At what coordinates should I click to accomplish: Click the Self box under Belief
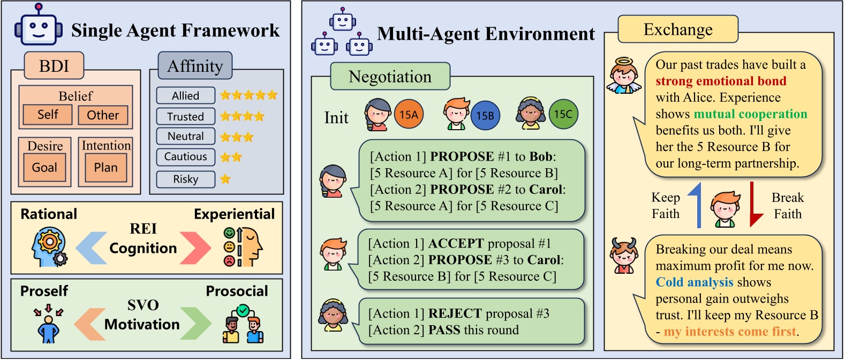pyautogui.click(x=48, y=115)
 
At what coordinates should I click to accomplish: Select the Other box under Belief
pyautogui.click(x=103, y=115)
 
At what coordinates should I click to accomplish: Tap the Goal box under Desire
pyautogui.click(x=44, y=167)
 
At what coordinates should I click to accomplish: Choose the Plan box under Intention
pyautogui.click(x=105, y=167)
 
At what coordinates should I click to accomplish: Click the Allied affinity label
pyautogui.click(x=185, y=96)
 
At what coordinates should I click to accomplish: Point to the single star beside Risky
pyautogui.click(x=225, y=179)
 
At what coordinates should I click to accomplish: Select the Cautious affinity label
pyautogui.click(x=185, y=157)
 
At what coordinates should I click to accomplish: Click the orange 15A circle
pyautogui.click(x=409, y=114)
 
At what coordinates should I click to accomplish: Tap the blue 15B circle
pyautogui.click(x=485, y=115)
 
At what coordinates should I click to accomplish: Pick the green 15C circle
pyautogui.click(x=563, y=114)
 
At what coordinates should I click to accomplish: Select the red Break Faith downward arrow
pyautogui.click(x=755, y=205)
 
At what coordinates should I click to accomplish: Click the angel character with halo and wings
pyautogui.click(x=624, y=76)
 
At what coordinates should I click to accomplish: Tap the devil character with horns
pyautogui.click(x=624, y=256)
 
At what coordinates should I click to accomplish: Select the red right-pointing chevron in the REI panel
pyautogui.click(x=196, y=247)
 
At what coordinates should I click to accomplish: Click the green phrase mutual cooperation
pyautogui.click(x=750, y=114)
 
